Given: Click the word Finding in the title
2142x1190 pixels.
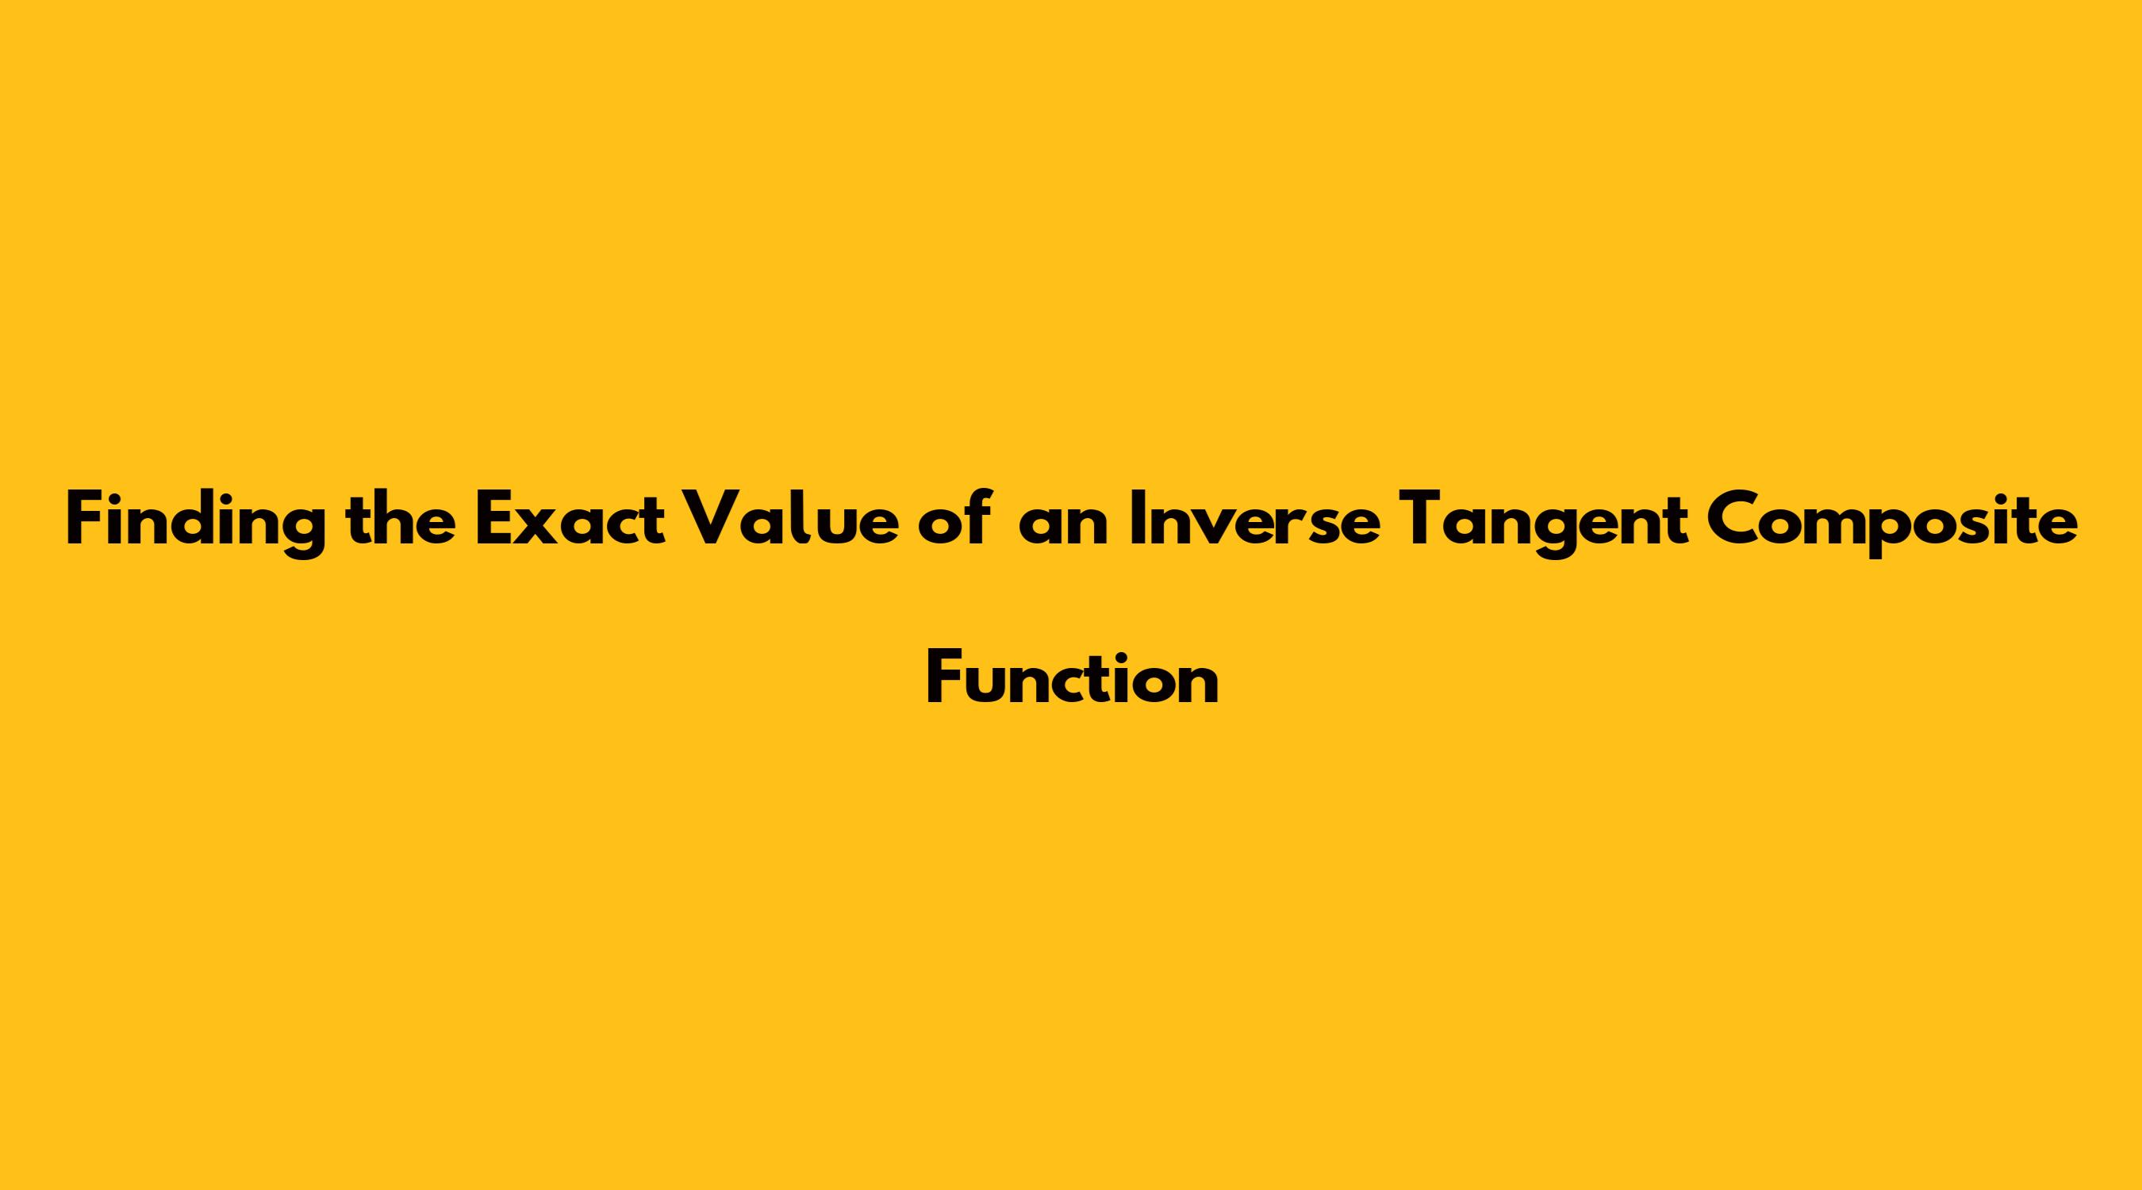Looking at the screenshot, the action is (195, 521).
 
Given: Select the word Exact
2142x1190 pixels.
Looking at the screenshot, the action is (570, 520).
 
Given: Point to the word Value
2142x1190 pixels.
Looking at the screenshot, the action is (791, 520).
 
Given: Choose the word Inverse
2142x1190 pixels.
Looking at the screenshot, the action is (1256, 520).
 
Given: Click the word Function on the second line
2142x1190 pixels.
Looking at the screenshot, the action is (1073, 677).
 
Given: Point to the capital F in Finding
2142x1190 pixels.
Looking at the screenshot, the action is (85, 520).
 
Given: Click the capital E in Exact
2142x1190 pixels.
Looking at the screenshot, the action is (494, 520).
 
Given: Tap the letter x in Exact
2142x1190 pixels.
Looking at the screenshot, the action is (539, 528).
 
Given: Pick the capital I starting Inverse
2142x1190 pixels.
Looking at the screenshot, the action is (1136, 520).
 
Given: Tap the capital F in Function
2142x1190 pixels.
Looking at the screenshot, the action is (944, 678).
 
